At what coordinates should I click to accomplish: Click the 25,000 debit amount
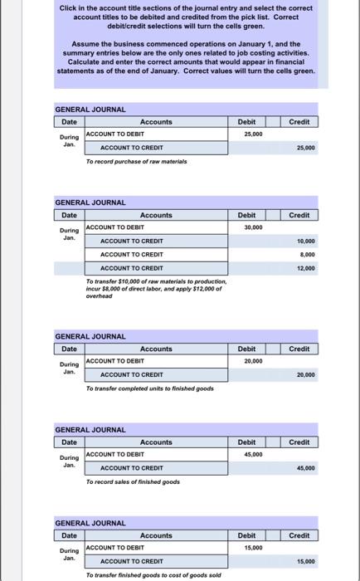click(x=253, y=134)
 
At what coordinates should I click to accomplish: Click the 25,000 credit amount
click(x=304, y=148)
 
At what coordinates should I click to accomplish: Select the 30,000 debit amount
click(x=253, y=227)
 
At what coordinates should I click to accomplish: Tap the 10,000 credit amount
click(x=304, y=241)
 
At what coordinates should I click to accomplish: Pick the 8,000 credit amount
click(x=305, y=254)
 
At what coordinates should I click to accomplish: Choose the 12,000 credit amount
click(x=304, y=268)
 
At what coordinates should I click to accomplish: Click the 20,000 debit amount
click(x=253, y=361)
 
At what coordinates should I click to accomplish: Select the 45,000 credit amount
click(x=304, y=468)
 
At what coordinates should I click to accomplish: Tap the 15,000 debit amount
click(x=253, y=548)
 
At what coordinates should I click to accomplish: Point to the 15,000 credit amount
click(x=304, y=562)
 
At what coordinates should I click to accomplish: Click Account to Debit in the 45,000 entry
click(x=116, y=454)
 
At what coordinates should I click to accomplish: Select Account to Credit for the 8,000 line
click(x=131, y=254)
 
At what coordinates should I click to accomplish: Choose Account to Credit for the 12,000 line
click(x=131, y=268)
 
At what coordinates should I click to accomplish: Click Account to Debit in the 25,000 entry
click(x=116, y=134)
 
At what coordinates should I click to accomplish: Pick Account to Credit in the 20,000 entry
click(x=131, y=375)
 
